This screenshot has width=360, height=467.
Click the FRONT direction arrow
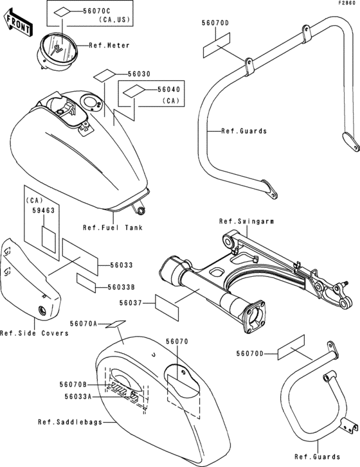click(17, 22)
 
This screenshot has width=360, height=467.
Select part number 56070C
click(96, 11)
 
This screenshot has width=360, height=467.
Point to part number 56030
click(139, 74)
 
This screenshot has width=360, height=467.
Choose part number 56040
click(169, 89)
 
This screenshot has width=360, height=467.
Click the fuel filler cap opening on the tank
click(91, 102)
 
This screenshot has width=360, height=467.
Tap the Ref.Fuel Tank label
click(113, 227)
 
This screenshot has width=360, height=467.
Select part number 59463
click(44, 211)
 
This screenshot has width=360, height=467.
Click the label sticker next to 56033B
click(86, 283)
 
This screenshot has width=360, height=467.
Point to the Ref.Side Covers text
click(34, 333)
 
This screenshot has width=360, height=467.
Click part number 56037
click(130, 303)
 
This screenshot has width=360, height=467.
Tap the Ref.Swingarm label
click(246, 221)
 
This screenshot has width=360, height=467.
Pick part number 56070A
click(84, 324)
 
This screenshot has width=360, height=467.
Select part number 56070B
click(73, 385)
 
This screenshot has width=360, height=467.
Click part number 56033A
click(78, 396)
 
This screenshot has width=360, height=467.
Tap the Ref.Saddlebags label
click(70, 422)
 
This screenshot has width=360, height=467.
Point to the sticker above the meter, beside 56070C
click(62, 12)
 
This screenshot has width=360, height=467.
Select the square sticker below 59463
click(49, 240)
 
